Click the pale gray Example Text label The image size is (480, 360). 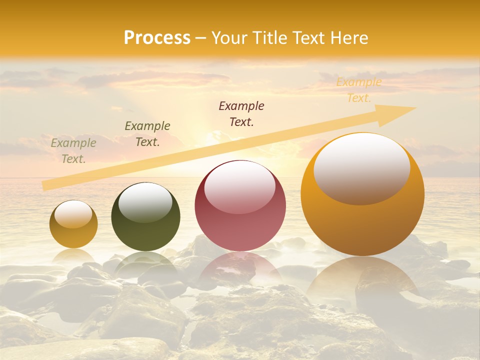pyautogui.click(x=73, y=151)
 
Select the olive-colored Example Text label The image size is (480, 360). pyautogui.click(x=147, y=134)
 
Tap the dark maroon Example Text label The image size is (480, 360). pyautogui.click(x=241, y=113)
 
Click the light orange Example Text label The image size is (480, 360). pyautogui.click(x=358, y=90)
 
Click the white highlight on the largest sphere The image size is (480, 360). pyautogui.click(x=361, y=167)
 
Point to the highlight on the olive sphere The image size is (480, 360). pyautogui.click(x=145, y=201)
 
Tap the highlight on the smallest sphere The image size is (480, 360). pyautogui.click(x=73, y=214)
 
